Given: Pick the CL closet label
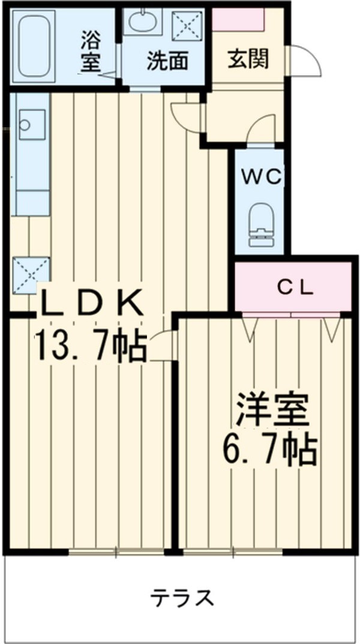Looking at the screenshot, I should click(x=295, y=288).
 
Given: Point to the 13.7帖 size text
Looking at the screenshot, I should click(x=90, y=347).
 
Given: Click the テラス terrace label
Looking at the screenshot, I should click(x=182, y=597).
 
